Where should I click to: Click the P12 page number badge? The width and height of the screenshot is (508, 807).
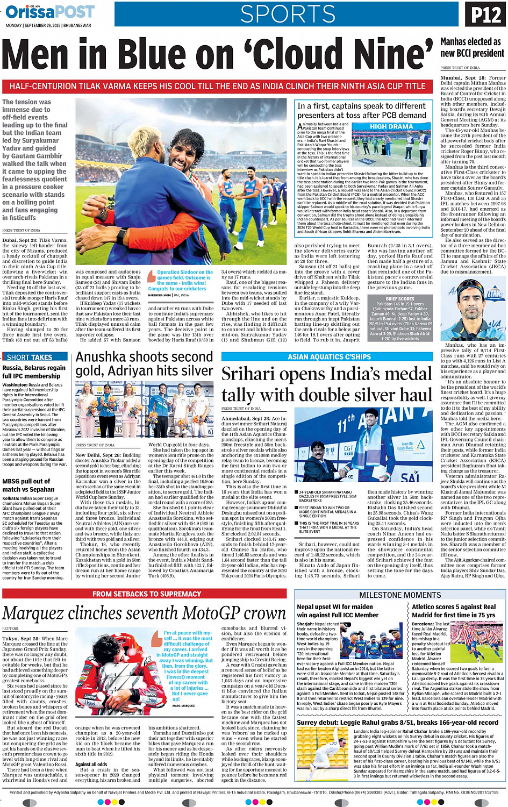485,14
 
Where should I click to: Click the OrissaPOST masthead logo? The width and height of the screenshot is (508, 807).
49,12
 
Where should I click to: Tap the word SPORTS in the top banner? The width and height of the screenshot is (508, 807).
288,15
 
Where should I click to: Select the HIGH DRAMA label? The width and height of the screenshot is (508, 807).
391,127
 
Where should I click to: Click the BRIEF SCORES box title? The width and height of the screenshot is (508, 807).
400,298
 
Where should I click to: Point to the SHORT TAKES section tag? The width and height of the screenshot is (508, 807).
30,357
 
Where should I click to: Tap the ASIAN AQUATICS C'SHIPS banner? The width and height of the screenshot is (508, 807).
329,356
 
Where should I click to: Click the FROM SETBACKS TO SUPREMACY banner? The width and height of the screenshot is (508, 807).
146,594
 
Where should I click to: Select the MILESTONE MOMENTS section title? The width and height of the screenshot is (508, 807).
400,595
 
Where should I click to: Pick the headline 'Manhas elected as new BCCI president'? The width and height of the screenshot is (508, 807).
472,47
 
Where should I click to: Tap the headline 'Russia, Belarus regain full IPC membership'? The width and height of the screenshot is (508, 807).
31,372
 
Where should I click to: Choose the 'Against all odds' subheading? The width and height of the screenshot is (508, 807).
91,764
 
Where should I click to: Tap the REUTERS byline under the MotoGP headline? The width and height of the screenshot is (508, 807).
10,629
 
